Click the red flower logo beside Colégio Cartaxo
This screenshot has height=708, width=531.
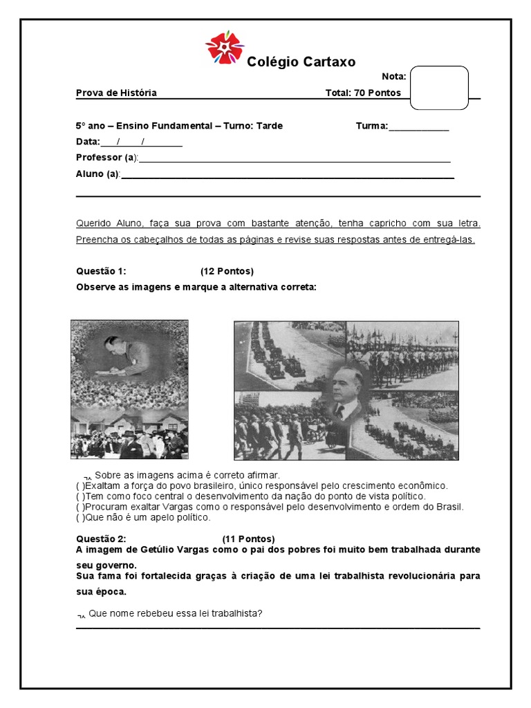225,48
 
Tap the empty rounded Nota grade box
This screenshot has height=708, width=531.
439,88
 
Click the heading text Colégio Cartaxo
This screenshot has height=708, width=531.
301,62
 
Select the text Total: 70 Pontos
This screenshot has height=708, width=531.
363,93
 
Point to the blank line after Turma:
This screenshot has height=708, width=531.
419,126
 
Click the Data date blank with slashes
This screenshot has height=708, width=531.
141,142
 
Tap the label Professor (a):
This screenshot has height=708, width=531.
107,158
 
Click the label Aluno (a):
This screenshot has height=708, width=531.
98,174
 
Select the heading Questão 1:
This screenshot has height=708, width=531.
101,271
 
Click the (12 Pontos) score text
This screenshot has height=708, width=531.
227,271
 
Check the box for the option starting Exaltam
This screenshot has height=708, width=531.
81,486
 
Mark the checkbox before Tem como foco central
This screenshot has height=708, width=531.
81,496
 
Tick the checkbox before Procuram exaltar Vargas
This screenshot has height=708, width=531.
81,507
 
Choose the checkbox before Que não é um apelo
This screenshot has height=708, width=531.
81,517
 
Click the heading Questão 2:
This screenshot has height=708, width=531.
101,539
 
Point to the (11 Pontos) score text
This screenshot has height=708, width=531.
248,539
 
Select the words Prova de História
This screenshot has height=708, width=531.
116,93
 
